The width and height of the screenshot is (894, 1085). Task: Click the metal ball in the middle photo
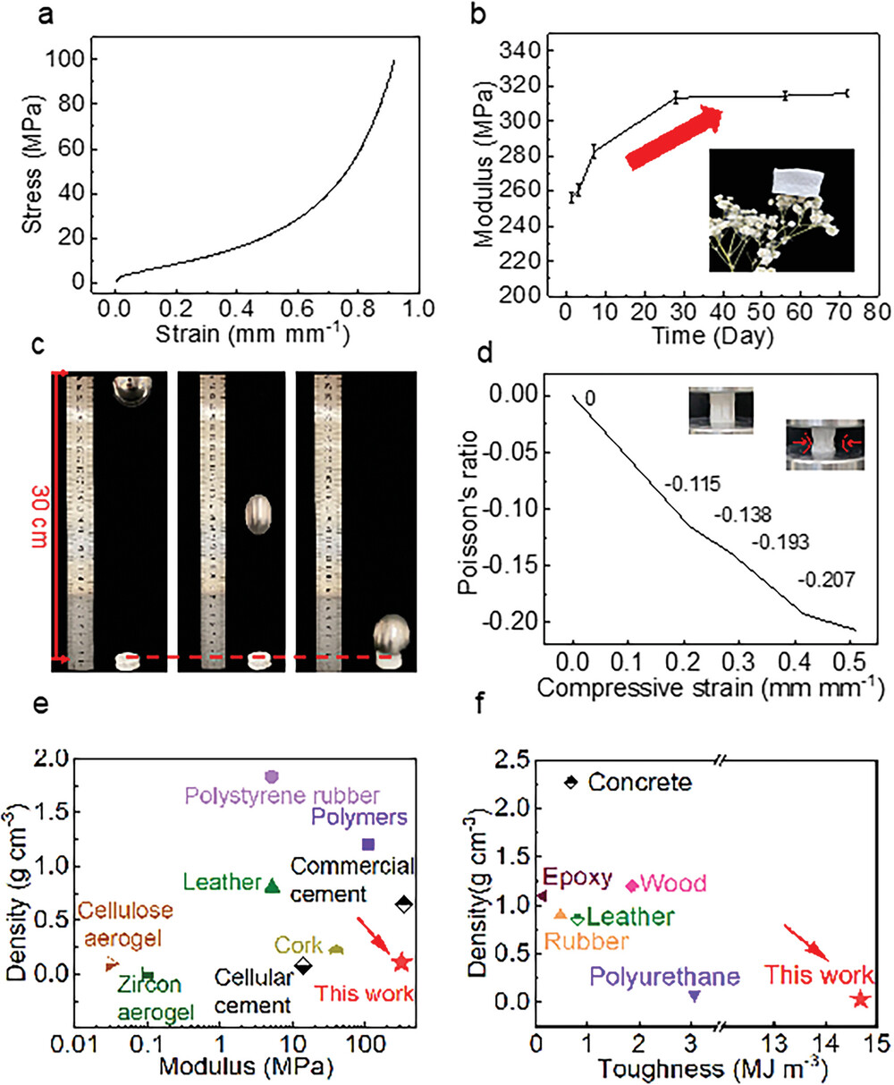click(x=258, y=516)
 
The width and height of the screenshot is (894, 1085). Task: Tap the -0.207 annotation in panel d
click(x=825, y=581)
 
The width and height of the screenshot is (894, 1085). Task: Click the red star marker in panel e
click(x=401, y=962)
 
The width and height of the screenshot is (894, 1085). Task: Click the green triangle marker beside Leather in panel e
click(x=274, y=886)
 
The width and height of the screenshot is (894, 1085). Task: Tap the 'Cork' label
click(x=297, y=946)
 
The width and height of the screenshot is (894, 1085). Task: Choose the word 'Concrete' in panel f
click(x=640, y=783)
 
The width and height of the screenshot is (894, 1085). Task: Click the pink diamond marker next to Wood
click(x=632, y=886)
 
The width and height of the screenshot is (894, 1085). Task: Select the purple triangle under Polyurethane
click(x=695, y=996)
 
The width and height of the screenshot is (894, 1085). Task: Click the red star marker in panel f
click(x=860, y=999)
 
